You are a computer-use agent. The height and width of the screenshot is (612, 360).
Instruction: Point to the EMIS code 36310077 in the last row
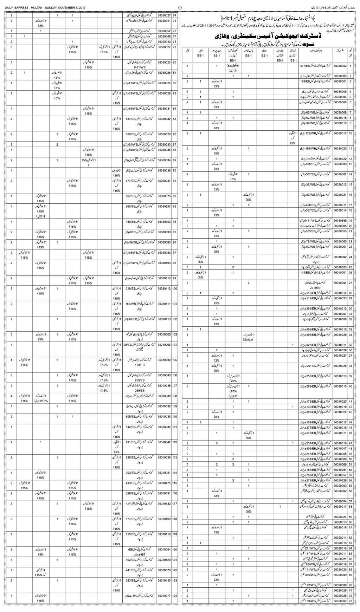(164, 596)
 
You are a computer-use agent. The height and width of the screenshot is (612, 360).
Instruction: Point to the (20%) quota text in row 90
(117, 175)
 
